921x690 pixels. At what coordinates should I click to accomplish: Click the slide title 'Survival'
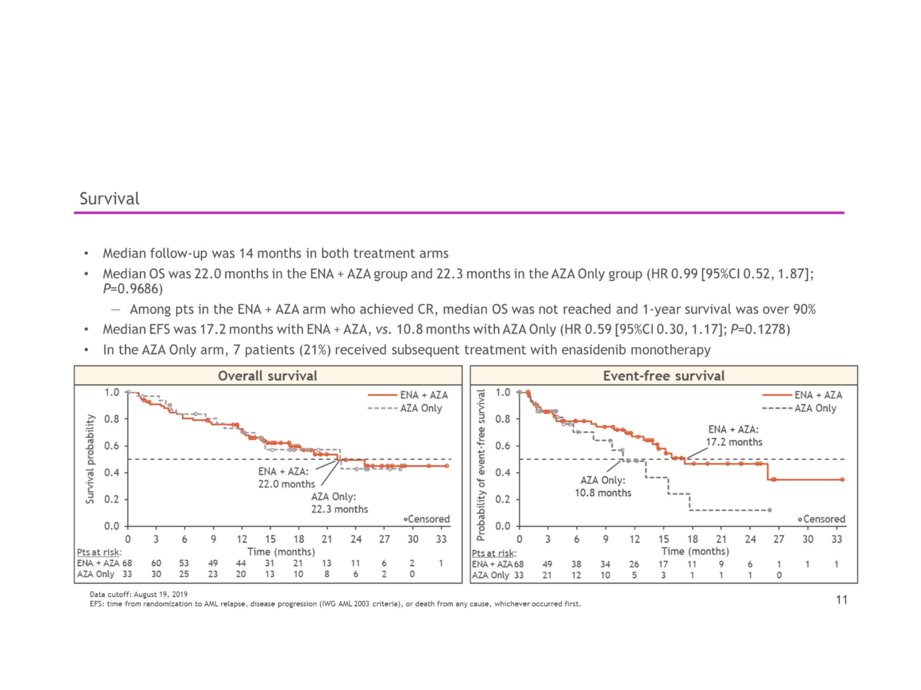pos(109,198)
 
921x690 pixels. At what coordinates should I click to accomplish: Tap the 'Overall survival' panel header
pos(267,376)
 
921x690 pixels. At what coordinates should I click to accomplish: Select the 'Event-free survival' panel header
pos(663,376)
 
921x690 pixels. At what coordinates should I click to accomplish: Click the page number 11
pos(841,599)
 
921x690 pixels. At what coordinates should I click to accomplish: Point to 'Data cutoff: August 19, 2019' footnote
pos(139,594)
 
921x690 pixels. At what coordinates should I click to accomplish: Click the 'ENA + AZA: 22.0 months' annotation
pos(286,478)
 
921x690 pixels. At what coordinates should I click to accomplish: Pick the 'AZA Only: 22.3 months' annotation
pos(339,503)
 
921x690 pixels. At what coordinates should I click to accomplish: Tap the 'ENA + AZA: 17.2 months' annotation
pos(733,436)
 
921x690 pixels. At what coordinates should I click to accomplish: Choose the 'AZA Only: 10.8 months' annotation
pos(603,486)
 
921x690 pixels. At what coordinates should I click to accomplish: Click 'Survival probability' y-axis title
pos(90,459)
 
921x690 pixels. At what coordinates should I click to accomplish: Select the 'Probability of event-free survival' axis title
pos(481,465)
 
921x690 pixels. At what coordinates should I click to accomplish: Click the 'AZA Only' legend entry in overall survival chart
pos(421,408)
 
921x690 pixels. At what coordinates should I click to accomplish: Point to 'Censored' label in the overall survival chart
pos(428,519)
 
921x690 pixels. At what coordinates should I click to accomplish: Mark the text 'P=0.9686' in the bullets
pos(132,289)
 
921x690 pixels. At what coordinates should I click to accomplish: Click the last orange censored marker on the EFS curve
pos(842,480)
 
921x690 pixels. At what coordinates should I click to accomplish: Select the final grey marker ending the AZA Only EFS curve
pos(769,510)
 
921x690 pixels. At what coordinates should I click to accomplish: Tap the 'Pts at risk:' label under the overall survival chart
pos(99,552)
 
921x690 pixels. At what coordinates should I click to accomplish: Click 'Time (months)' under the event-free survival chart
pos(695,552)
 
